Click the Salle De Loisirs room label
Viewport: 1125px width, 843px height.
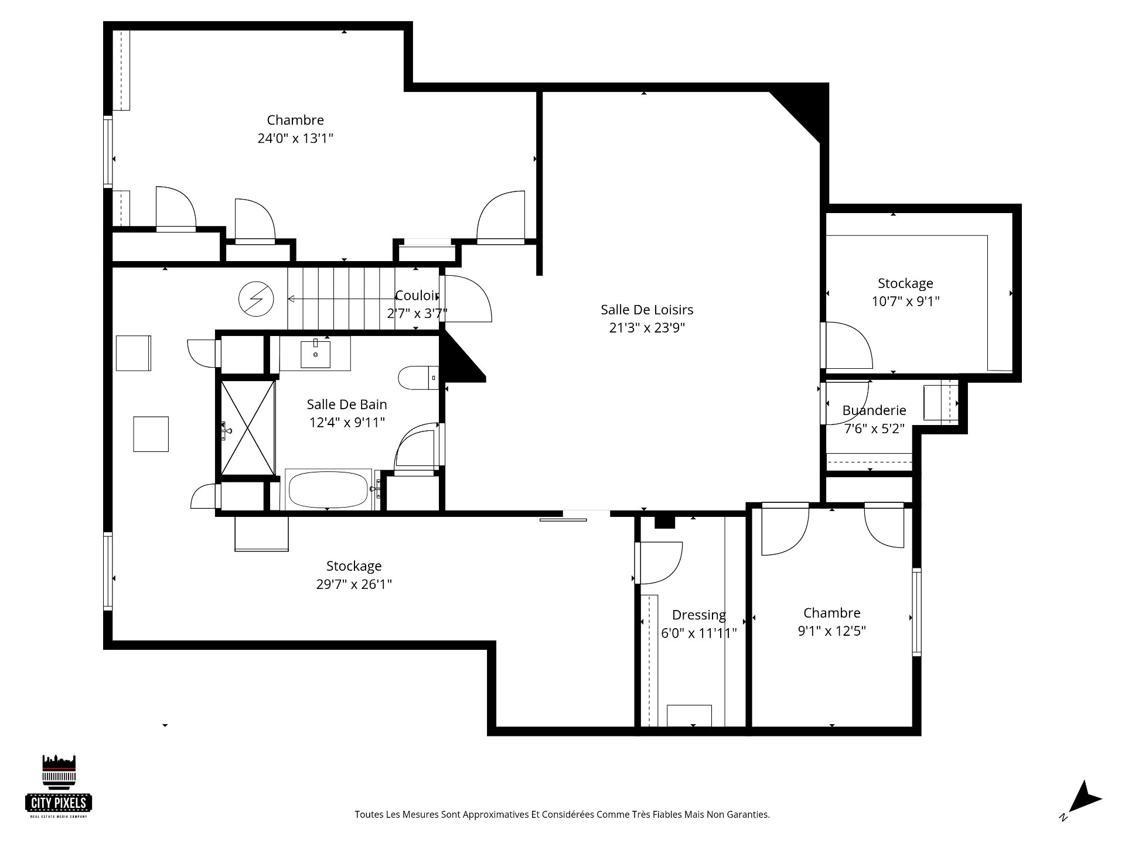[x=647, y=310]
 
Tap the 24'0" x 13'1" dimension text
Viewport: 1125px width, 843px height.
[x=295, y=139]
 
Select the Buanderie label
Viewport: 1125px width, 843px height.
[x=874, y=410]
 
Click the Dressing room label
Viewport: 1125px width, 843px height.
[x=698, y=615]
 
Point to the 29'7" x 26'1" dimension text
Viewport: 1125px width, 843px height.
[x=354, y=584]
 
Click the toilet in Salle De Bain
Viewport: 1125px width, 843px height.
[x=416, y=378]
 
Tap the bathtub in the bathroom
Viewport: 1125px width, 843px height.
[x=328, y=489]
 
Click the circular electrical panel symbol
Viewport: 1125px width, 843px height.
[x=257, y=299]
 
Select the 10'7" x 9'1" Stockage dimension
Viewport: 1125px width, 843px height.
[x=905, y=301]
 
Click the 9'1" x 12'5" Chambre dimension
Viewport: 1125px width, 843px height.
[x=831, y=631]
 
